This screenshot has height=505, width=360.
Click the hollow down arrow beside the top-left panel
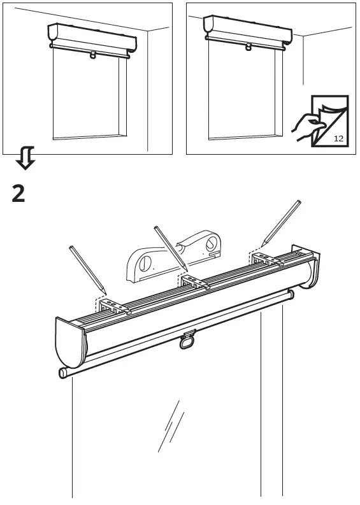(x=25, y=157)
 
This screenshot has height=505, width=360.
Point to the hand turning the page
(x=306, y=124)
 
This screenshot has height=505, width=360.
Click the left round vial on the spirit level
(x=145, y=262)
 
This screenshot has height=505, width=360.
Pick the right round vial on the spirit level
(x=211, y=241)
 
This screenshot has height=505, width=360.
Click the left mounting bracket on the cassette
(x=115, y=307)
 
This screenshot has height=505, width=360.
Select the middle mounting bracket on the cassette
(x=194, y=282)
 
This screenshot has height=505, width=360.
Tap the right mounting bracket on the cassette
(x=266, y=259)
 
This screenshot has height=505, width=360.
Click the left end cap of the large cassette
(x=69, y=344)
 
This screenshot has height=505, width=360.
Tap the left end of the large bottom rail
(x=64, y=373)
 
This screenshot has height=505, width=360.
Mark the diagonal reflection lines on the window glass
(x=171, y=425)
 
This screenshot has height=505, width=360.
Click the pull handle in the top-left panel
(x=94, y=55)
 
